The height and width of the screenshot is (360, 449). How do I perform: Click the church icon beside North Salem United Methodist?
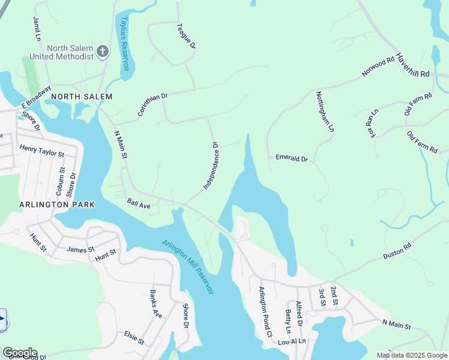point(103,52)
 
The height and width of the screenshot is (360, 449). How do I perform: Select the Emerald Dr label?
point(291,159)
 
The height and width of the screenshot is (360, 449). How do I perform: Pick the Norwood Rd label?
point(378,67)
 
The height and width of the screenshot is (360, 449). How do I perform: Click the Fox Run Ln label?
point(373,123)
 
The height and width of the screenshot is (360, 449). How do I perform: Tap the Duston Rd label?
point(398,247)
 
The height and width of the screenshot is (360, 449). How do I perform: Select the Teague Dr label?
point(185,36)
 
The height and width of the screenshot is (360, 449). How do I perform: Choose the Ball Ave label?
point(138,205)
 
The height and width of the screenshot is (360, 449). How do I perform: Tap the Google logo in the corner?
point(19,353)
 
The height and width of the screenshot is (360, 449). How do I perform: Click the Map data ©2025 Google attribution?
point(412,355)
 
